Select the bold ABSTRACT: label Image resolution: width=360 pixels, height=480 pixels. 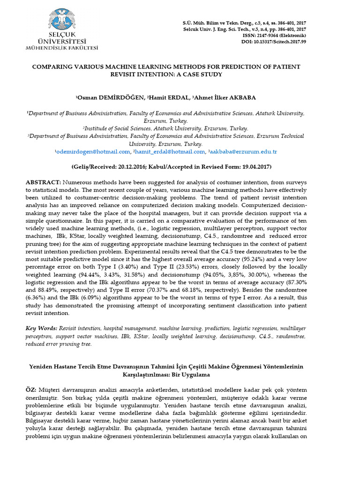[43, 181]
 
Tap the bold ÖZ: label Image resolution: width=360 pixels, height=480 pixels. [32, 390]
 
